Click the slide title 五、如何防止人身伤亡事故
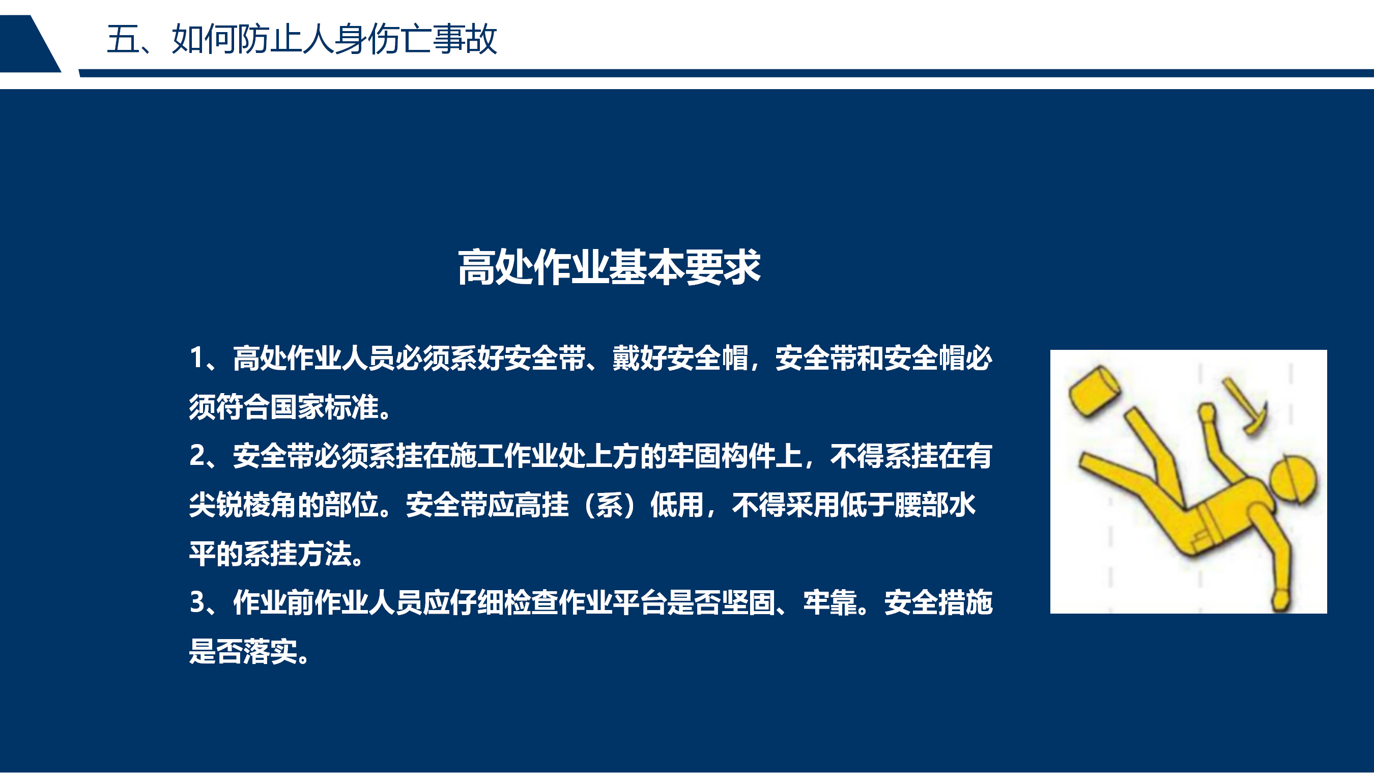tap(302, 39)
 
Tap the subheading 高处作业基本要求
tap(609, 267)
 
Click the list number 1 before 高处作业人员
tap(196, 357)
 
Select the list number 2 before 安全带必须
tap(197, 455)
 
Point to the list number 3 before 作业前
tap(197, 602)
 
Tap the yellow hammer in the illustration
tap(1246, 405)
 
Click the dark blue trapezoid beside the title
tap(30, 44)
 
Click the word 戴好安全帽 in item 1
tap(680, 357)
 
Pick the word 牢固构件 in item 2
tap(721, 456)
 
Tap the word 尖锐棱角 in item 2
tap(243, 505)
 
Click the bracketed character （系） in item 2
tap(609, 505)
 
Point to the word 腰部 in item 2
tap(921, 505)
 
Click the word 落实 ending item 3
tap(270, 651)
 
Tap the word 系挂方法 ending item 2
tap(297, 554)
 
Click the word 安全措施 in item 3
tap(938, 603)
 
